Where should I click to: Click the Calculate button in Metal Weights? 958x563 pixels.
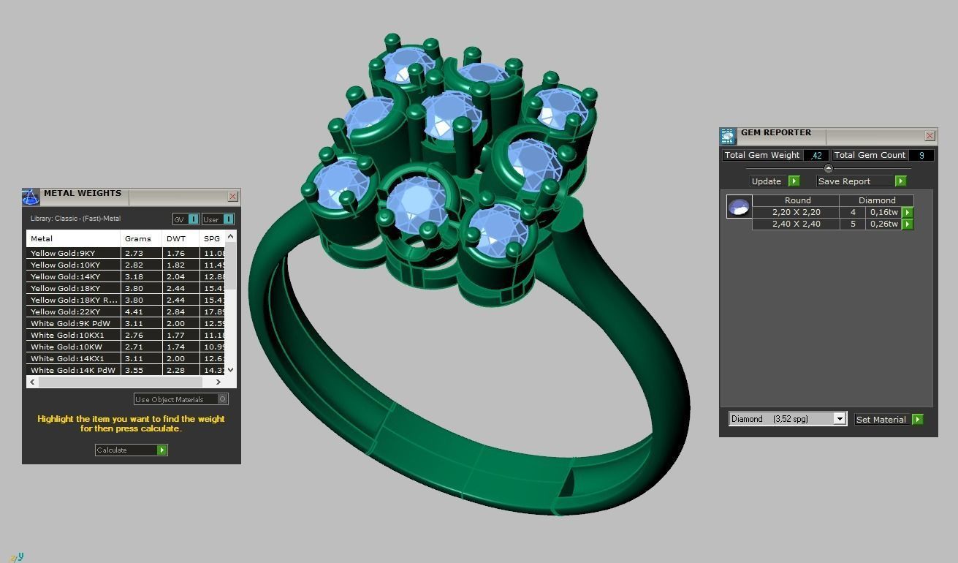click(x=131, y=450)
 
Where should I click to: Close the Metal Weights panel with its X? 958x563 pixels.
click(x=232, y=196)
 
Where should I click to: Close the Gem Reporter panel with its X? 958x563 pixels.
click(x=930, y=135)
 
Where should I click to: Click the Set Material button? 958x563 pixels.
click(x=889, y=420)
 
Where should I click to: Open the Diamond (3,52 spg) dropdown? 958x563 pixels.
click(x=840, y=419)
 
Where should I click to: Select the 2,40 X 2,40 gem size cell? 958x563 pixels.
click(x=796, y=224)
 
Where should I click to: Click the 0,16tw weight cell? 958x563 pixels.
click(x=883, y=212)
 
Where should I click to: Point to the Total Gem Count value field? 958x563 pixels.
click(x=921, y=155)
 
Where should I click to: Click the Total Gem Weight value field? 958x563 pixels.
click(x=816, y=155)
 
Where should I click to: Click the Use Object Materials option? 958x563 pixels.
click(x=180, y=399)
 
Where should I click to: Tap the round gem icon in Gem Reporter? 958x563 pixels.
click(x=739, y=207)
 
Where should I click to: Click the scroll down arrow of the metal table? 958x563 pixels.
click(x=230, y=370)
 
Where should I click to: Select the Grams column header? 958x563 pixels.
click(x=138, y=238)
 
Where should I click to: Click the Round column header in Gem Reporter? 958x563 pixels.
click(x=797, y=200)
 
